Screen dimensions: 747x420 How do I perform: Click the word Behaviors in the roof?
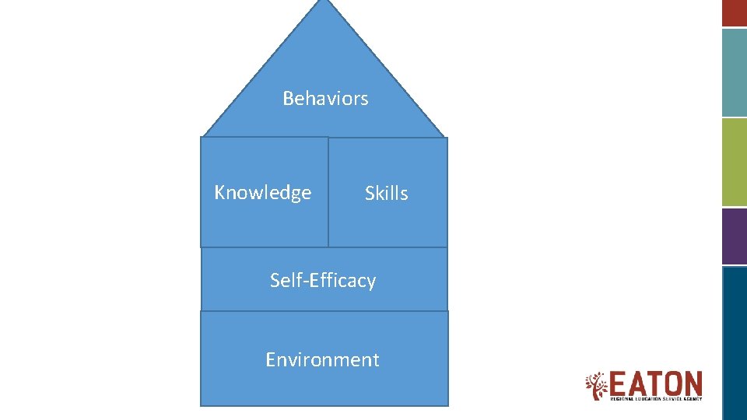tap(325, 99)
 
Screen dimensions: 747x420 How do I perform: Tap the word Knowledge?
tap(262, 193)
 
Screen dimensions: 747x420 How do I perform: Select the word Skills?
tap(386, 194)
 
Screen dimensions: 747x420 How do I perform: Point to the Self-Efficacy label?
tap(322, 280)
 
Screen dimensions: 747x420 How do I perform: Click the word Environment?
tap(322, 359)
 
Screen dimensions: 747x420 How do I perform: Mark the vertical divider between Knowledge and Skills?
tap(328, 192)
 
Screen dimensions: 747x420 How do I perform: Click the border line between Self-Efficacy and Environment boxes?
tap(324, 311)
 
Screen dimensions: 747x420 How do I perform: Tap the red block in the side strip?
tap(735, 12)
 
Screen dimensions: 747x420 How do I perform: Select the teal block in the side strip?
tap(735, 72)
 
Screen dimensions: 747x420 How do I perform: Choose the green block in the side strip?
tap(735, 162)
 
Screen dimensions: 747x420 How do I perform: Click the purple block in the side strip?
tap(735, 236)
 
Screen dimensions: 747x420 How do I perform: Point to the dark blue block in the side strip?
tap(735, 342)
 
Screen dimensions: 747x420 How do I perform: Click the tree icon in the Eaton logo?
tap(597, 386)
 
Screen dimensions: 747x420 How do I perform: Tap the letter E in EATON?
tap(619, 383)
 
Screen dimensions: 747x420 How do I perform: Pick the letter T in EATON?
tap(654, 383)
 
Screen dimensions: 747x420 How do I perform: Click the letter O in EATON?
tap(672, 383)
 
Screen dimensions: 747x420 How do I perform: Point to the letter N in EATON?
tap(692, 383)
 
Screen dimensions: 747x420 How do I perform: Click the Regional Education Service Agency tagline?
tap(655, 399)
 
